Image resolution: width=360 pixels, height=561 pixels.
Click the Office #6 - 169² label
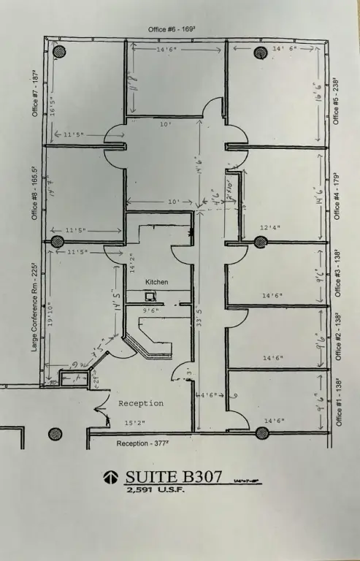click(176, 28)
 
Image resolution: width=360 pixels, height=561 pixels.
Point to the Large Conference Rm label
click(34, 307)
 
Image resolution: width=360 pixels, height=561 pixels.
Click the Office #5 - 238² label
click(336, 100)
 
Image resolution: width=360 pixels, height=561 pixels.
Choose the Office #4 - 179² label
click(336, 195)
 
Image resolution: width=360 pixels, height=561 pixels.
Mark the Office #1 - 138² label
click(337, 402)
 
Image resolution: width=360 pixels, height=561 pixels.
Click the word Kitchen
click(156, 281)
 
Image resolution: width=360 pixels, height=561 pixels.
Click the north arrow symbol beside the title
click(110, 477)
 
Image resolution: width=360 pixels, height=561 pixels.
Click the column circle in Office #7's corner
click(58, 52)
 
